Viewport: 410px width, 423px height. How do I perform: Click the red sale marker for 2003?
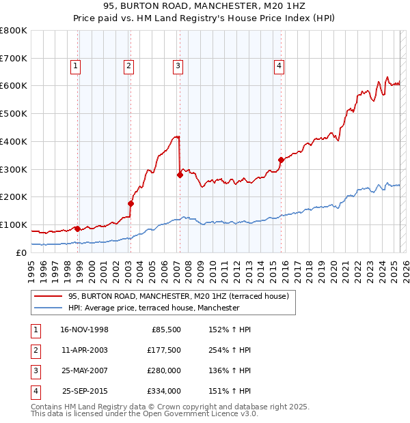131,203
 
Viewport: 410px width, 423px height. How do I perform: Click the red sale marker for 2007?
180,175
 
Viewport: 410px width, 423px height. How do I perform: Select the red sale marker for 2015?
281,160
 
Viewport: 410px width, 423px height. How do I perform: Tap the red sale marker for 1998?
77,229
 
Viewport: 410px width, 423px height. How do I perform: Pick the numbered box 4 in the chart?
279,66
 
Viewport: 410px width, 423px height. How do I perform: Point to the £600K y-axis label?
14,86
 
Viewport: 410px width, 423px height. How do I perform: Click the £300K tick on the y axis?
14,169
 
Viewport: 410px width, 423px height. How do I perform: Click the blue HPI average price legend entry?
154,308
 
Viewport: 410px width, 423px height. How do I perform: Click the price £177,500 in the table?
164,350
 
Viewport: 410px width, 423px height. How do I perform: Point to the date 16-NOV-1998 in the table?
85,330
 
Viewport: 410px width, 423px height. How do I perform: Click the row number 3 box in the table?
36,370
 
